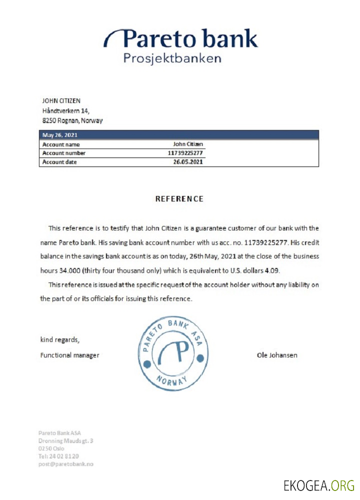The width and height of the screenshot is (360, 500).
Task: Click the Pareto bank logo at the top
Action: point(181,39)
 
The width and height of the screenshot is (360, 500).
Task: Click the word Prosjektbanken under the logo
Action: point(172,58)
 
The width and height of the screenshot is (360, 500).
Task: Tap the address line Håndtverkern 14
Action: point(65,110)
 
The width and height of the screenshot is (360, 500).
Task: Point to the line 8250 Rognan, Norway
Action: point(72,120)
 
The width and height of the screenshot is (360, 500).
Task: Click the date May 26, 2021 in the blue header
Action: point(59,135)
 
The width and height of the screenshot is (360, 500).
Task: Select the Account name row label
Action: point(61,144)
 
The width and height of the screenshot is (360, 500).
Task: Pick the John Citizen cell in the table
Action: point(188,144)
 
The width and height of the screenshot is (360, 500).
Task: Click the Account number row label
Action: point(64,153)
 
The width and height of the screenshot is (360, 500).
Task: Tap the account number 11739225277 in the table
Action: point(185,153)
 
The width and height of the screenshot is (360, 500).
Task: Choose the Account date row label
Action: point(59,162)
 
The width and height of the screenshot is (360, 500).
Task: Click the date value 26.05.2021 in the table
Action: point(188,162)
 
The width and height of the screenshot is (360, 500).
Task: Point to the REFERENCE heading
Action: point(179,199)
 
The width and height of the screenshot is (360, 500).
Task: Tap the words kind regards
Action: point(59,340)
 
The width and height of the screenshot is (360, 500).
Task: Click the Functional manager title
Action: point(69,355)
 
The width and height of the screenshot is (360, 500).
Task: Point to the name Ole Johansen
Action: point(276,355)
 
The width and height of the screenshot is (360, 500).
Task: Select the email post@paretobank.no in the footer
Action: point(66,464)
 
